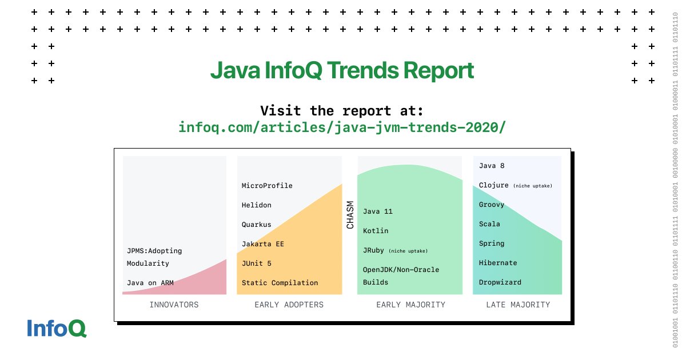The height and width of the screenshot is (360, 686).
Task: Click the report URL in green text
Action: click(x=342, y=127)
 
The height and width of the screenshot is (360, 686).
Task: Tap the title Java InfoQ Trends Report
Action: click(x=342, y=70)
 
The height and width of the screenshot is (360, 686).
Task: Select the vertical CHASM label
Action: click(x=350, y=215)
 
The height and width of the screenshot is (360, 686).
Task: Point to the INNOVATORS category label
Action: click(x=174, y=305)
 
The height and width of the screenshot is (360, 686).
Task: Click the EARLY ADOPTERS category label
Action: click(x=289, y=305)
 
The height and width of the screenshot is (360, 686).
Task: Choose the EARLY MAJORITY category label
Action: click(x=410, y=305)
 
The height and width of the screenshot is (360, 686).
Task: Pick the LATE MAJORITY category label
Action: click(x=518, y=305)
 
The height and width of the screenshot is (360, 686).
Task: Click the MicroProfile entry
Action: click(x=267, y=186)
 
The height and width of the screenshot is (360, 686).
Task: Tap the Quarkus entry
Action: click(x=257, y=225)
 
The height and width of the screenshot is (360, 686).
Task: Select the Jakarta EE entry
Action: click(x=263, y=244)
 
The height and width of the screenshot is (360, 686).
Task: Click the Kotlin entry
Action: click(x=376, y=231)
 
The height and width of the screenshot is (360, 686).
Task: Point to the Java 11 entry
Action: click(x=378, y=211)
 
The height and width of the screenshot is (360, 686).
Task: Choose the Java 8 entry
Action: click(x=492, y=166)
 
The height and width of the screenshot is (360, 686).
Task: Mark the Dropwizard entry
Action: click(x=500, y=282)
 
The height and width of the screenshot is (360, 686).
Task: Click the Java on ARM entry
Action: click(x=150, y=282)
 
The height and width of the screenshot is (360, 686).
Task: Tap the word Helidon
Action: click(x=257, y=205)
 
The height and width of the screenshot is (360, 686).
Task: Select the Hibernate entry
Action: click(x=498, y=263)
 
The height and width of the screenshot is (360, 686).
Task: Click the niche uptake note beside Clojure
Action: click(x=533, y=186)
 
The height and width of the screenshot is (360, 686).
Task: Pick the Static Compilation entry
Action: click(x=280, y=283)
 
